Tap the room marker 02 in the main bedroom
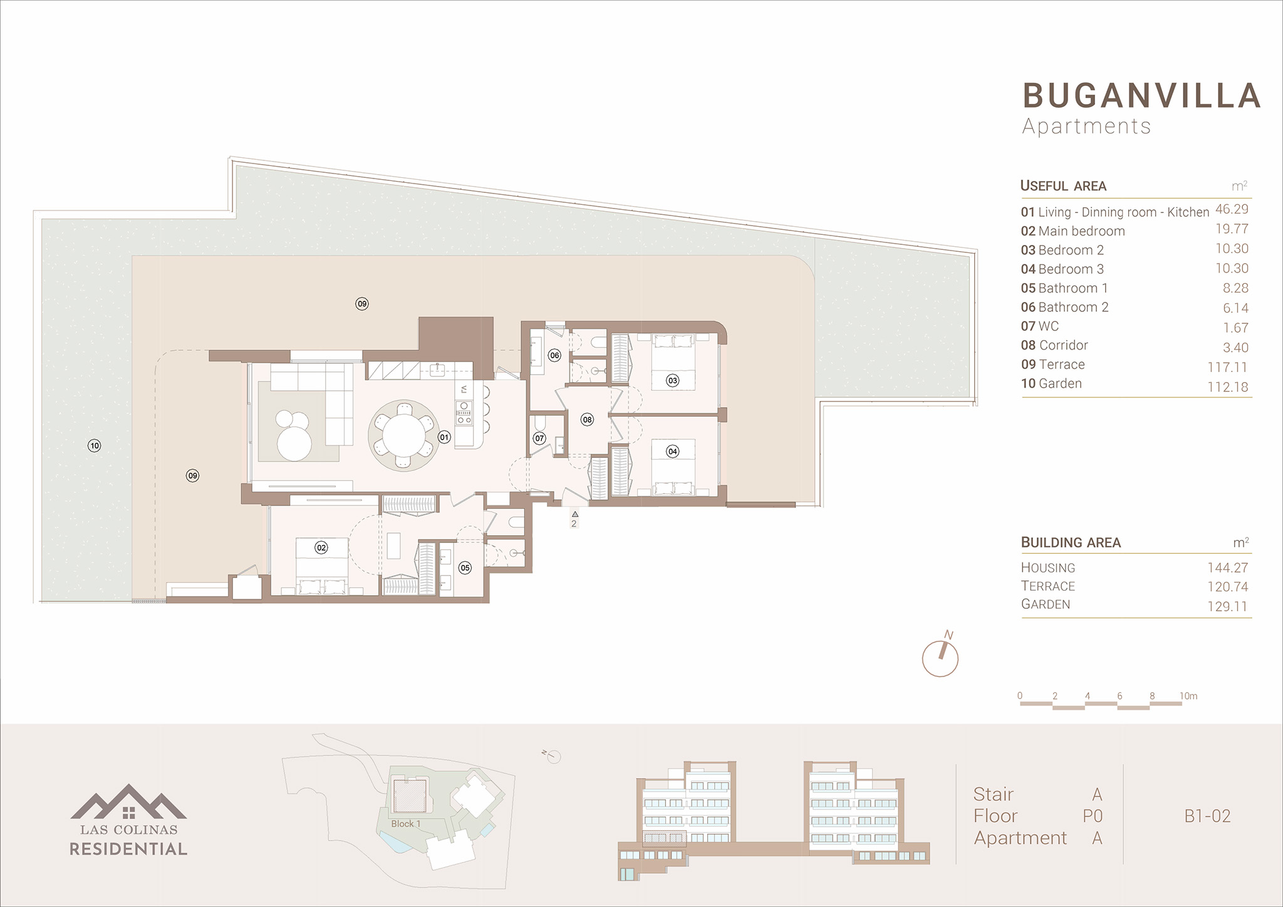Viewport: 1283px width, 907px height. click(321, 547)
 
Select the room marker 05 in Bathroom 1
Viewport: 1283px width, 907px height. click(465, 568)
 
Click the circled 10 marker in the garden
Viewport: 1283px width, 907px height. click(95, 446)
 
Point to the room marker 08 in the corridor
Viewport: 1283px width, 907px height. click(587, 420)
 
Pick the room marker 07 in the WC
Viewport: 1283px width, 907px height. click(539, 438)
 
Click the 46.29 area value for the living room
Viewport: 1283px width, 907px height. click(1232, 209)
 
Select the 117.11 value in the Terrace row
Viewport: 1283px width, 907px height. click(1228, 368)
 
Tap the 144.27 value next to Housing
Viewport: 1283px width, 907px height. click(1228, 568)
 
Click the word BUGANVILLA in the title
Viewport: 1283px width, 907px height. click(1141, 96)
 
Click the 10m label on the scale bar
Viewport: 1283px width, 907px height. click(1188, 696)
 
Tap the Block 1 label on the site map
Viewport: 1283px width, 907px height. click(406, 824)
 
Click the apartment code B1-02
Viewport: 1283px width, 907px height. click(1207, 816)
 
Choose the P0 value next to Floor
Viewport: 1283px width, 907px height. click(1093, 816)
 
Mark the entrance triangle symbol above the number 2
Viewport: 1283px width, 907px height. click(574, 514)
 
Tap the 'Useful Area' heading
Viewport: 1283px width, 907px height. click(1063, 186)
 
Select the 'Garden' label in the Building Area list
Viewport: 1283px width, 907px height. click(1046, 604)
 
